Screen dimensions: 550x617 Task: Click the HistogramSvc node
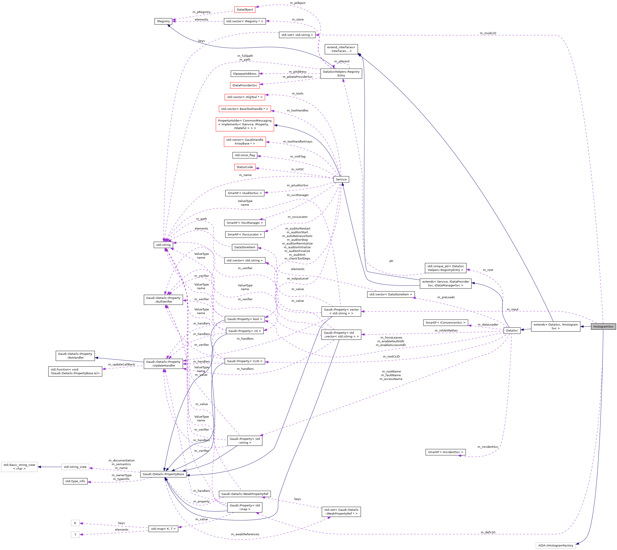pyautogui.click(x=603, y=326)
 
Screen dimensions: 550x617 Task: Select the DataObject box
pyautogui.click(x=245, y=10)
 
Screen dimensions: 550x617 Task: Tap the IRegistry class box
pyautogui.click(x=163, y=21)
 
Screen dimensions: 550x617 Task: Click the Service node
pyautogui.click(x=341, y=179)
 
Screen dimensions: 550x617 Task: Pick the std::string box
pyautogui.click(x=163, y=245)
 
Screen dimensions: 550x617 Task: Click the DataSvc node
pyautogui.click(x=512, y=330)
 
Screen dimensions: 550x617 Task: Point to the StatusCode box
pyautogui.click(x=245, y=167)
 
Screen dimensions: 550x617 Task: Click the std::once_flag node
pyautogui.click(x=245, y=155)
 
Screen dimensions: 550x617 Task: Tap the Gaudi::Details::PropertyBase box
pyautogui.click(x=163, y=474)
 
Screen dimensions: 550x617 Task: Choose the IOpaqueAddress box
pyautogui.click(x=245, y=74)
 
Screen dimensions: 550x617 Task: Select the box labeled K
pyautogui.click(x=75, y=523)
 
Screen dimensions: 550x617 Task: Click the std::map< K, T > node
pyautogui.click(x=163, y=529)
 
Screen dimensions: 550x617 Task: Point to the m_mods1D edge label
pyautogui.click(x=488, y=33)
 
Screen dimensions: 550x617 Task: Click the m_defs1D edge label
pyautogui.click(x=488, y=532)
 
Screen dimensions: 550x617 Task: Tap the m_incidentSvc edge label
pyautogui.click(x=488, y=447)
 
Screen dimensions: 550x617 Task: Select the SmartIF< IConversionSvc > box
pyautogui.click(x=445, y=323)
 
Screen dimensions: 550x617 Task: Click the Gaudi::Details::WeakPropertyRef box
pyautogui.click(x=245, y=494)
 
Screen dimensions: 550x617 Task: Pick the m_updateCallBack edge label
pyautogui.click(x=121, y=365)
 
